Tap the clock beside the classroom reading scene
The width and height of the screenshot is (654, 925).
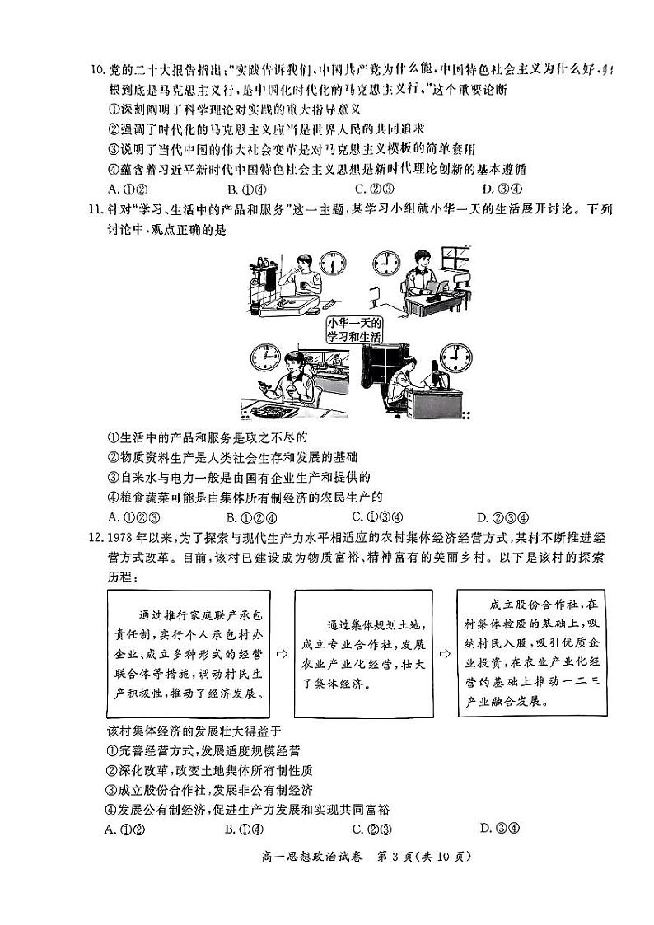[385, 263]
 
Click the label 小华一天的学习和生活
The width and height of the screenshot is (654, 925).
[355, 329]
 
